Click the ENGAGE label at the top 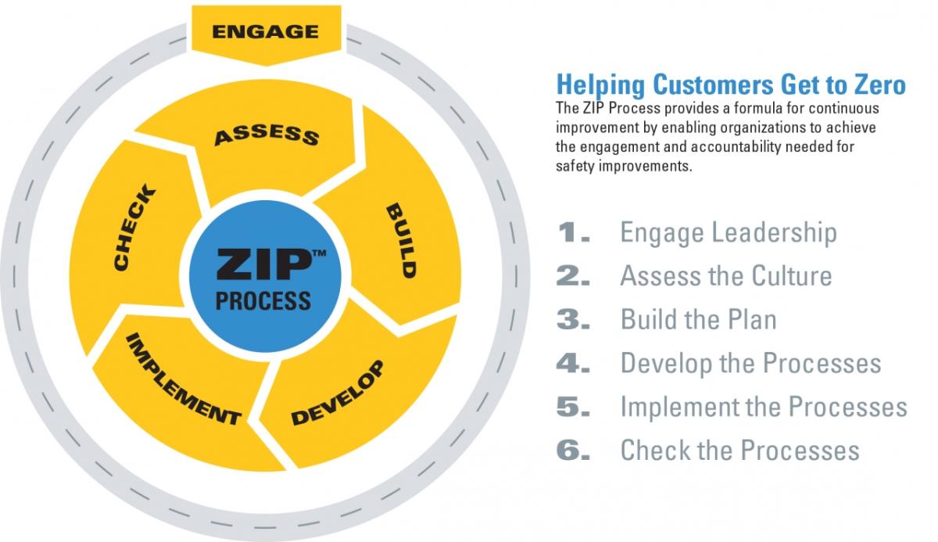[266, 32]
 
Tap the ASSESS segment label [267, 135]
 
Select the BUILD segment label [401, 241]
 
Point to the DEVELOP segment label [338, 393]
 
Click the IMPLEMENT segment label [184, 379]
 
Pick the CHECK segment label [134, 227]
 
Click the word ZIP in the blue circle [264, 264]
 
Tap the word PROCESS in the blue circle [263, 301]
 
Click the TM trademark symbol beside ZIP [319, 253]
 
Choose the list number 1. [574, 232]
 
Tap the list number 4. [573, 363]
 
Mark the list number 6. [573, 450]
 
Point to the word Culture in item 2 [791, 276]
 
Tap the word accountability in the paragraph [736, 147]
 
